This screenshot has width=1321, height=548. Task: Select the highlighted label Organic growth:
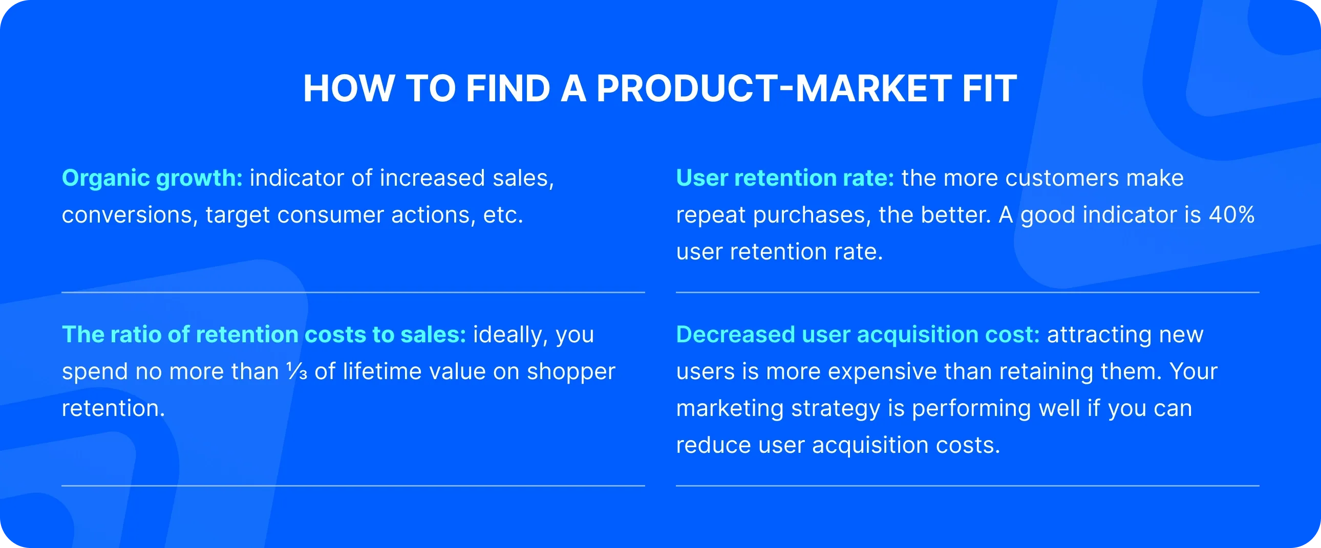click(x=152, y=178)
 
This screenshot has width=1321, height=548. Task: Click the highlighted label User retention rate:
click(x=784, y=178)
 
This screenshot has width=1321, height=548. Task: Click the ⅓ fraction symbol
click(x=296, y=371)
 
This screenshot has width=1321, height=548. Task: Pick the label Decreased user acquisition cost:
click(x=858, y=334)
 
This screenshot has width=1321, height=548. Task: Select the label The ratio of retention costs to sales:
click(x=264, y=334)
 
